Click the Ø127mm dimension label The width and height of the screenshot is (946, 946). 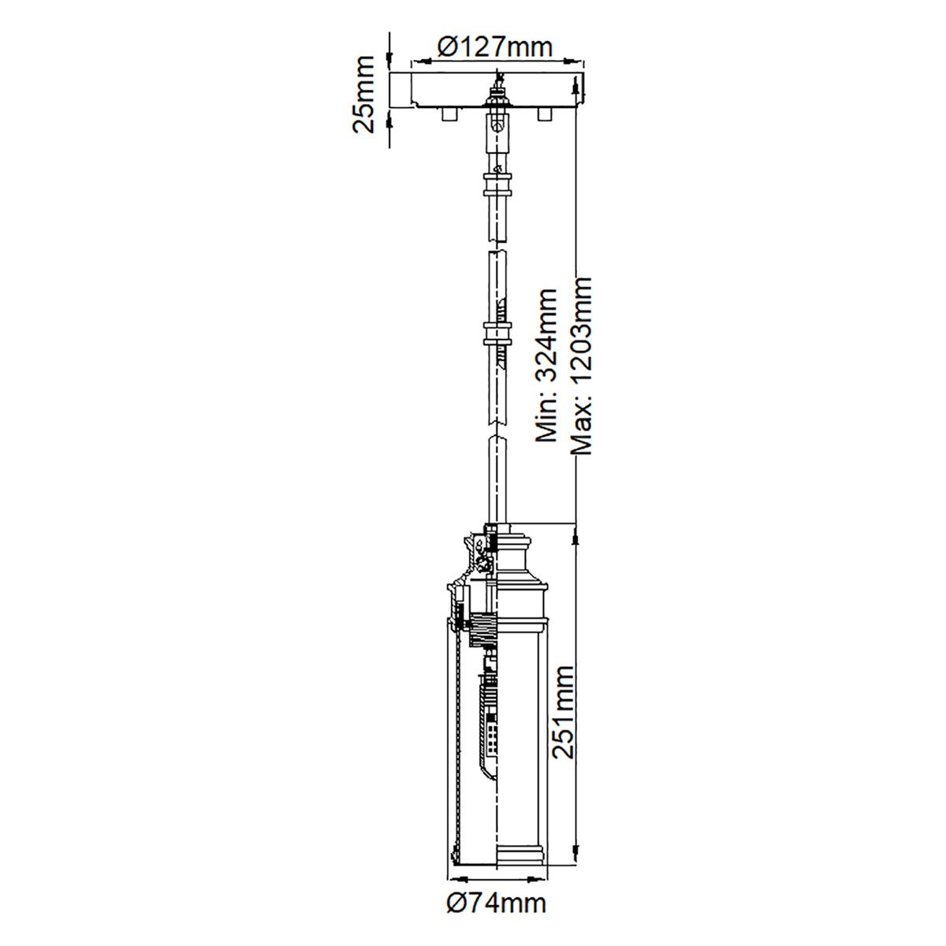pos(494,47)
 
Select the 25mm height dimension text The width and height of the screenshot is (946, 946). pos(364,94)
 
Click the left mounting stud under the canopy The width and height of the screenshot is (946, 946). pos(448,115)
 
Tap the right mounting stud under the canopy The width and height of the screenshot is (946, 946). pos(542,115)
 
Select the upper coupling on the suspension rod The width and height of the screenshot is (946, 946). pos(497,188)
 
